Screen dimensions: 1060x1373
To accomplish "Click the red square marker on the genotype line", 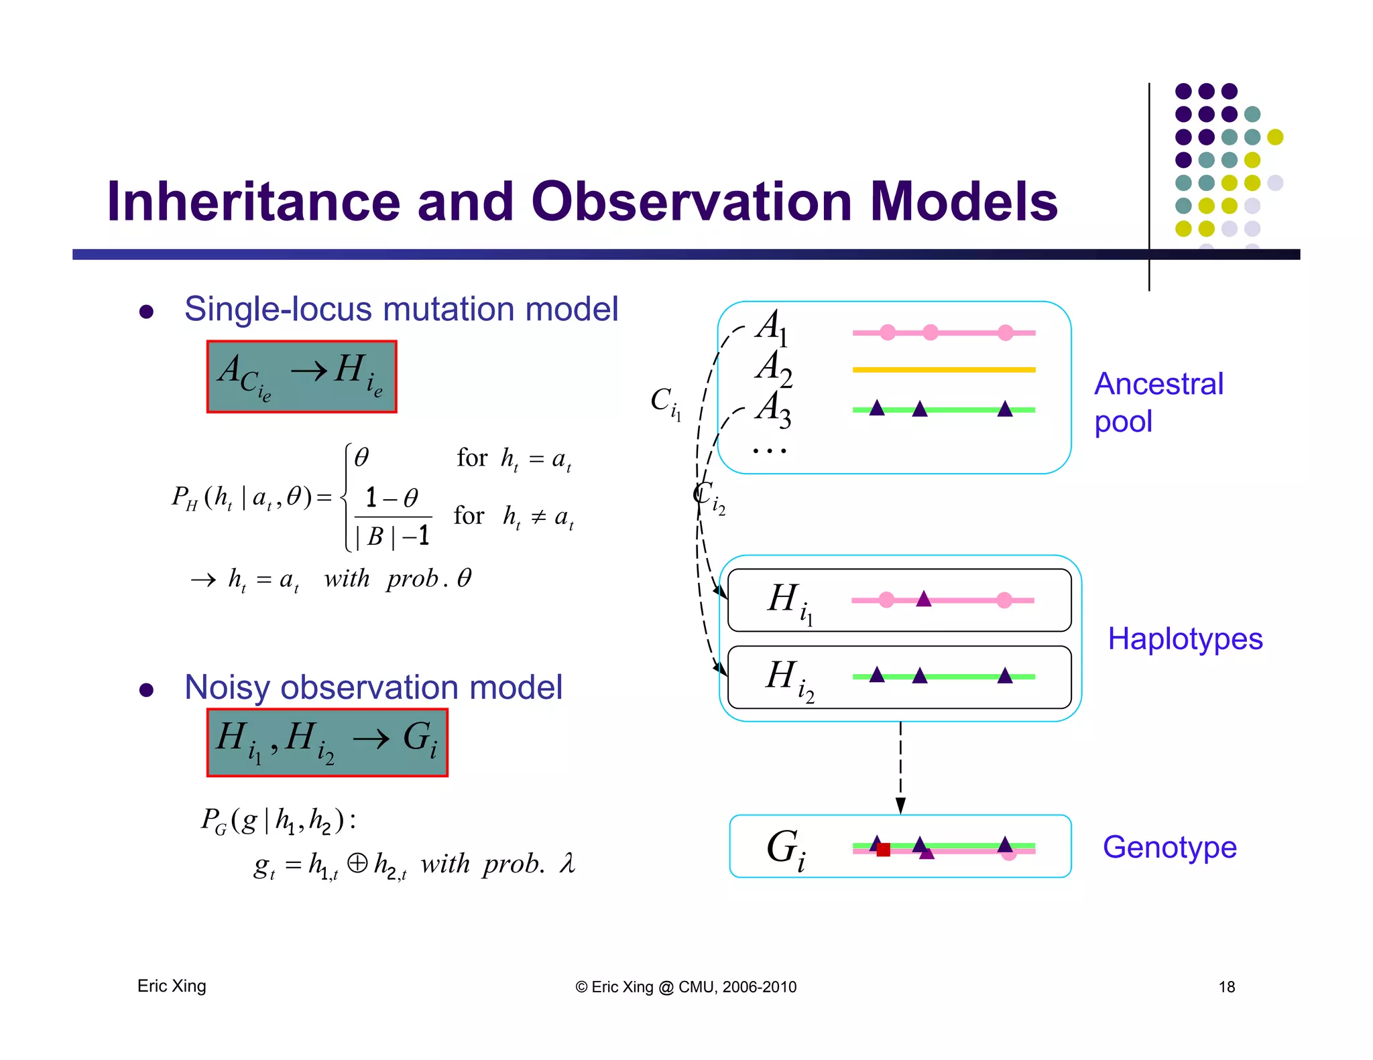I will (x=883, y=850).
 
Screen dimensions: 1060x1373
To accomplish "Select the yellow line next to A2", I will (x=943, y=369).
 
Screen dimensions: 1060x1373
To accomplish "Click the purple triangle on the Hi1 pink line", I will (x=923, y=599).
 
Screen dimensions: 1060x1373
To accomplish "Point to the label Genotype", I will (x=1169, y=847).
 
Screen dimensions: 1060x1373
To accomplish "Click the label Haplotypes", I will (x=1185, y=639).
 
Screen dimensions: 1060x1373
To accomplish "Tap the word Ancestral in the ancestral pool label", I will (x=1158, y=384).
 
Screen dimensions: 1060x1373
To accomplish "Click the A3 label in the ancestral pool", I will (x=773, y=409).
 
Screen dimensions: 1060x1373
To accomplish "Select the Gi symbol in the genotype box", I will (x=785, y=849).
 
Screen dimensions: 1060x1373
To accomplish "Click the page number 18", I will (x=1226, y=986).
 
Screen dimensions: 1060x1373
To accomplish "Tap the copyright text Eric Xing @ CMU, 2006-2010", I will (x=686, y=986).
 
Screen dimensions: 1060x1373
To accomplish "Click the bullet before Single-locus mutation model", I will (x=146, y=312).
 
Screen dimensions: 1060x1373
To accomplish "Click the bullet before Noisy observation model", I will (x=146, y=689).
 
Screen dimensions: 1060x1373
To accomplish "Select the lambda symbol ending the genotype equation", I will (x=567, y=863).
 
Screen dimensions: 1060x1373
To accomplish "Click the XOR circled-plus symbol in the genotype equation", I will (x=357, y=862).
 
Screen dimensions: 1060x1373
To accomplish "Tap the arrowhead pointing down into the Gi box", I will (x=900, y=805).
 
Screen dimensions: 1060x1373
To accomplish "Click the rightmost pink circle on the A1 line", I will (x=1005, y=332).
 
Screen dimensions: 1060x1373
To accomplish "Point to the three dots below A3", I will (x=769, y=451).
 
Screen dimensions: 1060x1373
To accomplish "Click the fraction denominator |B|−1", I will (x=392, y=536).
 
